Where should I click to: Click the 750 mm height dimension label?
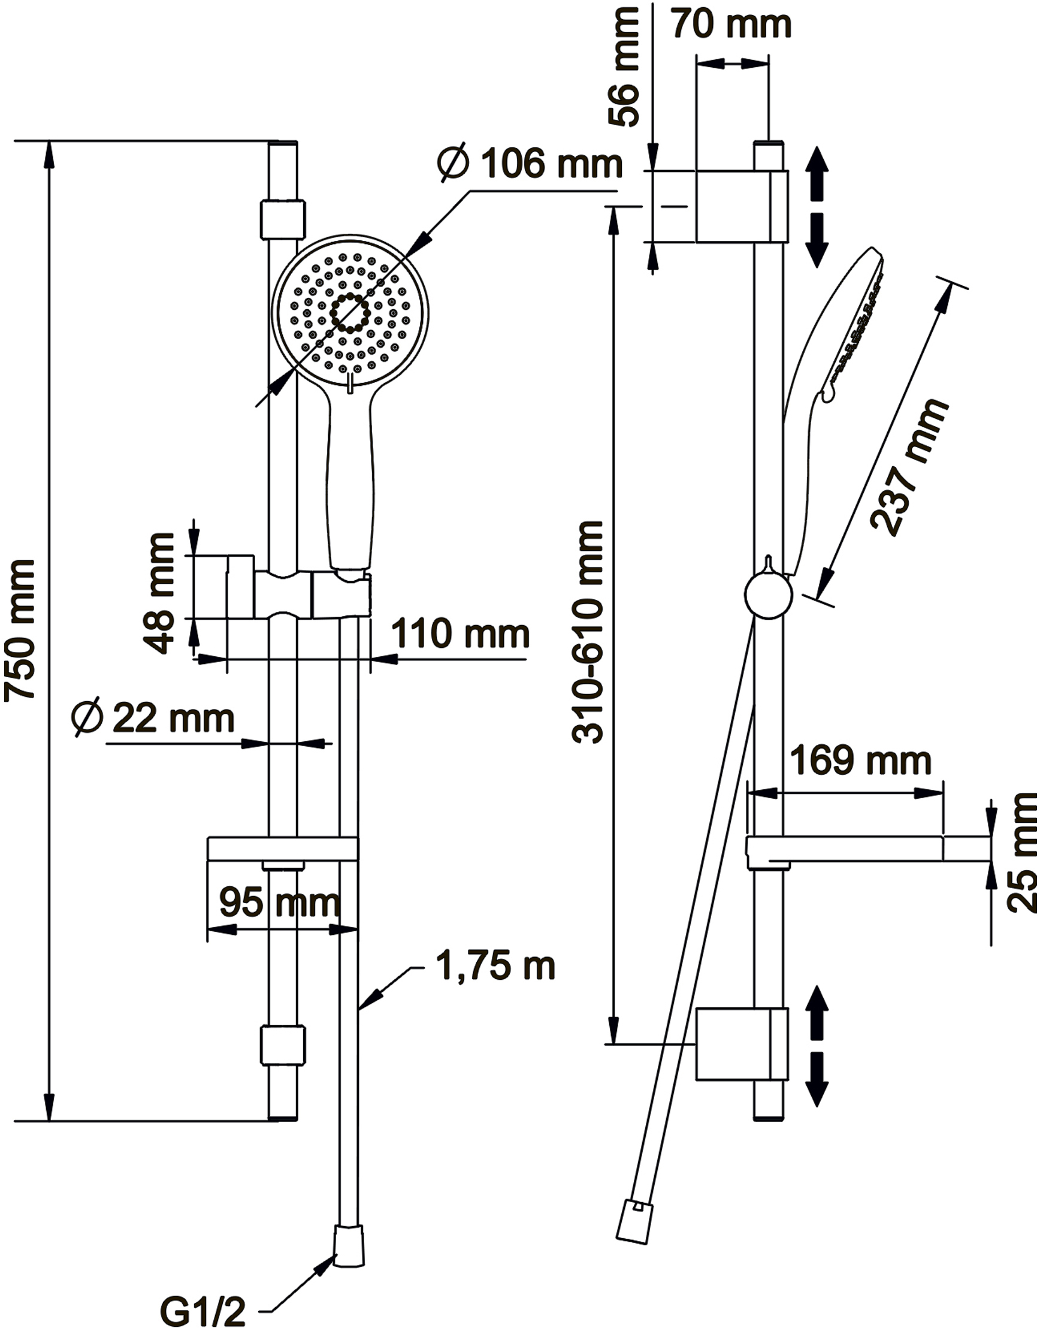(x=20, y=630)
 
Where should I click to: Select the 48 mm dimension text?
(x=159, y=594)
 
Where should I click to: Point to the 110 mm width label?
(x=459, y=634)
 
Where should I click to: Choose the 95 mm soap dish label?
(x=280, y=902)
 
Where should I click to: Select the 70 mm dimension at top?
(x=731, y=25)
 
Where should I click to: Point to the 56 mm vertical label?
(x=625, y=67)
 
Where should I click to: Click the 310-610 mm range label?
(x=588, y=632)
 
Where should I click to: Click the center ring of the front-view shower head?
(x=350, y=313)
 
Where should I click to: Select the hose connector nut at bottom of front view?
(x=349, y=1245)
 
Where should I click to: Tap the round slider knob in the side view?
(x=769, y=595)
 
